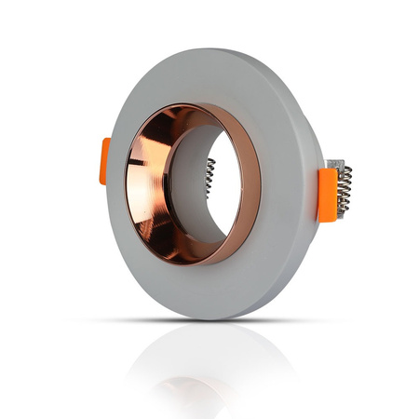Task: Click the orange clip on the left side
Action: pos(106,161)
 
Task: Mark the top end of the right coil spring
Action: pos(345,168)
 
